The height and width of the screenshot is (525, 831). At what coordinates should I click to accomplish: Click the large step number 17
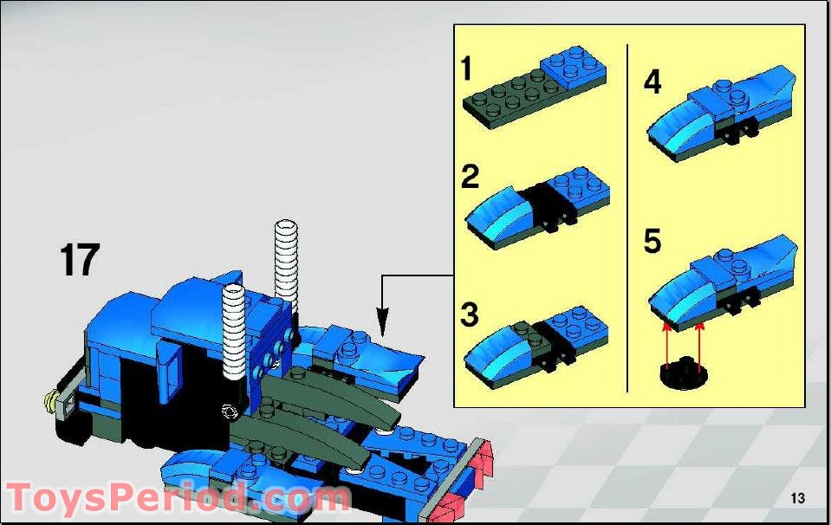coord(80,260)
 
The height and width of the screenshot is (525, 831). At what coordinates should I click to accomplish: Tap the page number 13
coord(797,498)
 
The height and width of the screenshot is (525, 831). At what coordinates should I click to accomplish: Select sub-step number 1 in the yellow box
coord(466,68)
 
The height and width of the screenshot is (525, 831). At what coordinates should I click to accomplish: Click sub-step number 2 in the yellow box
coord(470,177)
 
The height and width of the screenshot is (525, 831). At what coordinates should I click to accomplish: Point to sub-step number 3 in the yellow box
coord(470,314)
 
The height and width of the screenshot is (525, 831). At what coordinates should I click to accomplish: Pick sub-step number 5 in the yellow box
coord(652,241)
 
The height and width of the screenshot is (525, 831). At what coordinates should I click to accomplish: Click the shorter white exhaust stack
coord(234,331)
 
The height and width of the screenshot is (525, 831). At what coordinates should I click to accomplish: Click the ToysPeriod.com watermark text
coord(179,498)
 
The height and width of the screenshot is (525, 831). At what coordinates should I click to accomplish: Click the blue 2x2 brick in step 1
coord(574,68)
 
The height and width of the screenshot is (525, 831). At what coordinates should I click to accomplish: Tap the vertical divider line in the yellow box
coord(627,218)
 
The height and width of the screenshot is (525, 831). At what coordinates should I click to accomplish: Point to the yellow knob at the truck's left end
coord(51,402)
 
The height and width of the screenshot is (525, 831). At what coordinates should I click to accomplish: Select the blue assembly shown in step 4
coord(722,113)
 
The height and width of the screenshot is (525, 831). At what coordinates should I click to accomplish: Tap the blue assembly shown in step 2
coord(537,208)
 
